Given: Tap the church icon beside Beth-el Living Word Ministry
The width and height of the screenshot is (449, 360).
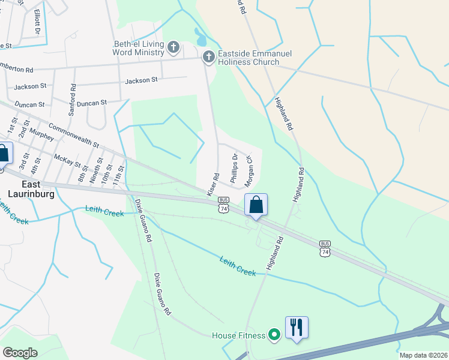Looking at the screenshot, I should coord(173,47).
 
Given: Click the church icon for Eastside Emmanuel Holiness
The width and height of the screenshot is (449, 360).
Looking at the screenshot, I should coord(208,58).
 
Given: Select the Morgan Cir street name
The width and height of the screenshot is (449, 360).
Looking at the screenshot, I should coord(250,170).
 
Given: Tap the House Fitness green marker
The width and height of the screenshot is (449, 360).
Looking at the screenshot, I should coord(274,334).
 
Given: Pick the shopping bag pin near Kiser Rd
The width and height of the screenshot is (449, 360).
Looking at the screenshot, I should coord(256,205).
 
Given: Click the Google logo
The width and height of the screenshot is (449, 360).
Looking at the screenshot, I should coord(20,353).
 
